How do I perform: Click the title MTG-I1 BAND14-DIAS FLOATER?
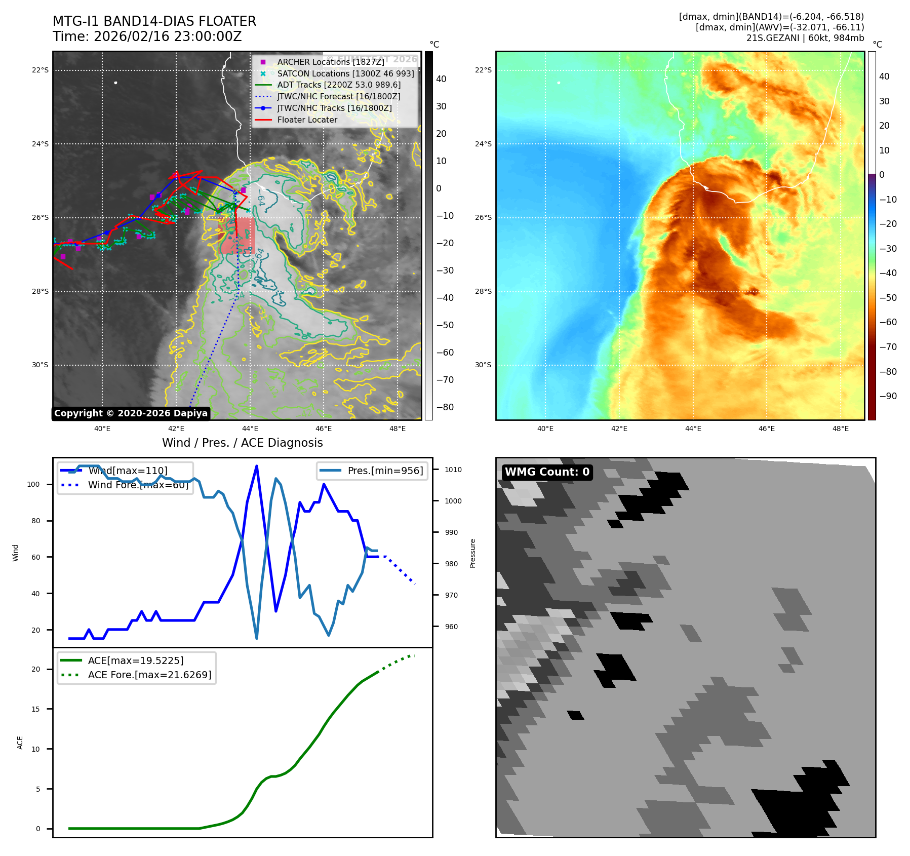pyautogui.click(x=154, y=21)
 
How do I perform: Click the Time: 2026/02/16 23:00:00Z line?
pyautogui.click(x=147, y=36)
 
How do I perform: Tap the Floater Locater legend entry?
pyautogui.click(x=307, y=120)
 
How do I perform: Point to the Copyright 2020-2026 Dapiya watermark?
pyautogui.click(x=131, y=413)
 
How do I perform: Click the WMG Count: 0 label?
pyautogui.click(x=547, y=472)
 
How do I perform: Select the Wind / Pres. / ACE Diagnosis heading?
pyautogui.click(x=242, y=443)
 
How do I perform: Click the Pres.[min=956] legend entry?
pyautogui.click(x=385, y=471)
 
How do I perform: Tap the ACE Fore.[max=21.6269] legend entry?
pyautogui.click(x=149, y=675)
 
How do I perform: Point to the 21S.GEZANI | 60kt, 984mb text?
pyautogui.click(x=805, y=38)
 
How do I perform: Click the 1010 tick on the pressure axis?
pyautogui.click(x=453, y=470)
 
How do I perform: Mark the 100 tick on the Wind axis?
pyautogui.click(x=33, y=484)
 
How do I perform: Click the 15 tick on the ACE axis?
pyautogui.click(x=35, y=709)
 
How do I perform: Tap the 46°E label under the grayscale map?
pyautogui.click(x=324, y=429)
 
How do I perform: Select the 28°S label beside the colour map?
pyautogui.click(x=483, y=291)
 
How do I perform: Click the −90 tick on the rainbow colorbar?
pyautogui.click(x=888, y=396)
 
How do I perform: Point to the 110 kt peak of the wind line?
pyautogui.click(x=257, y=466)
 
